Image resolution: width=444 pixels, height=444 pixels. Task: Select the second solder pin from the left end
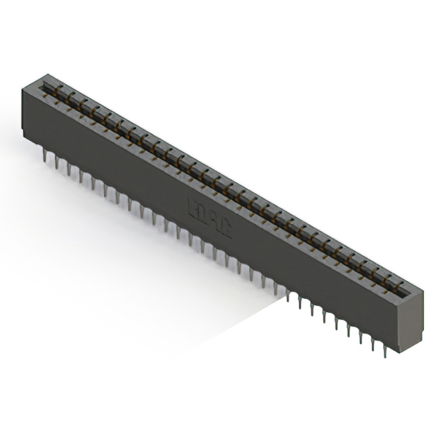(x=56, y=164)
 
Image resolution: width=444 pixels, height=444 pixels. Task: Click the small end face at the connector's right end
(x=413, y=318)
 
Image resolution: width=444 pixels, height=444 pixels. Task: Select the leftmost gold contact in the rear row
(x=60, y=88)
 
